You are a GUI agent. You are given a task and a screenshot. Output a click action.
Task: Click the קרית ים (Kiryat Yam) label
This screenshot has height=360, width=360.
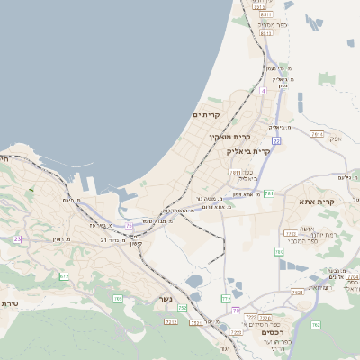point(207,115)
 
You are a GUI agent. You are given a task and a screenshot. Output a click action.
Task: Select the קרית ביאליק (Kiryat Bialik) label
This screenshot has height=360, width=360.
point(248,151)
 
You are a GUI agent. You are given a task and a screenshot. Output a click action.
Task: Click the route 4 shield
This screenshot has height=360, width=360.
point(263,91)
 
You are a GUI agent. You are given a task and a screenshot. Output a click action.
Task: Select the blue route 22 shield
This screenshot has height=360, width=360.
point(276,141)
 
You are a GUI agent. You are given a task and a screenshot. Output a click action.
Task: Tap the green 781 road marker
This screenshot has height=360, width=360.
point(269,193)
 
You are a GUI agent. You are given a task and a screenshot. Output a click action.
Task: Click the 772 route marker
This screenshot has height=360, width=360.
point(226,298)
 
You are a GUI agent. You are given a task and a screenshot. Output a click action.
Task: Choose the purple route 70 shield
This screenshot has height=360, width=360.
point(236,310)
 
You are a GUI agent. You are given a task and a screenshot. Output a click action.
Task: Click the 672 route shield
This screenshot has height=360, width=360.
point(64,276)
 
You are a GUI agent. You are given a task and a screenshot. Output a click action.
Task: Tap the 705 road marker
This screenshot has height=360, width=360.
point(117,299)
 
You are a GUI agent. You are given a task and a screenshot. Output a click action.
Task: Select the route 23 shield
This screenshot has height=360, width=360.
point(17,238)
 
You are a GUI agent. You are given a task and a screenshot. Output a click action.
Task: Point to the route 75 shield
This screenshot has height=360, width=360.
point(130,225)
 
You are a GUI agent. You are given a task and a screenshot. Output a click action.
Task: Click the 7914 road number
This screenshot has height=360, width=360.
point(316,134)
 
